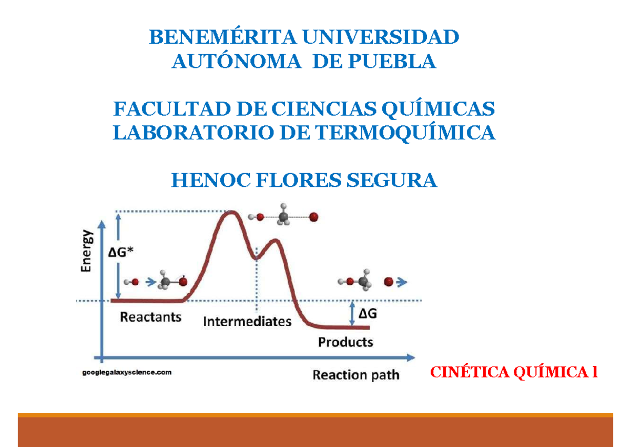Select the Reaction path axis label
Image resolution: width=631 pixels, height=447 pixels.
pyautogui.click(x=356, y=375)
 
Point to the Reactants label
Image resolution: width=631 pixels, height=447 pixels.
pyautogui.click(x=151, y=317)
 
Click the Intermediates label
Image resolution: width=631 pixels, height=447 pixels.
pyautogui.click(x=247, y=321)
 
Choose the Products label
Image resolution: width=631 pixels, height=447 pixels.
pyautogui.click(x=345, y=342)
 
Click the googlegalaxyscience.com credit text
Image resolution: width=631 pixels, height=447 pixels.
pyautogui.click(x=126, y=372)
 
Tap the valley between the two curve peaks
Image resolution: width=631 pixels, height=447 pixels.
pyautogui.click(x=257, y=257)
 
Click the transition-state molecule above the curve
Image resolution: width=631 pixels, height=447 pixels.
pyautogui.click(x=284, y=216)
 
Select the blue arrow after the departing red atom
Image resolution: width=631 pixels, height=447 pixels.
pyautogui.click(x=402, y=282)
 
